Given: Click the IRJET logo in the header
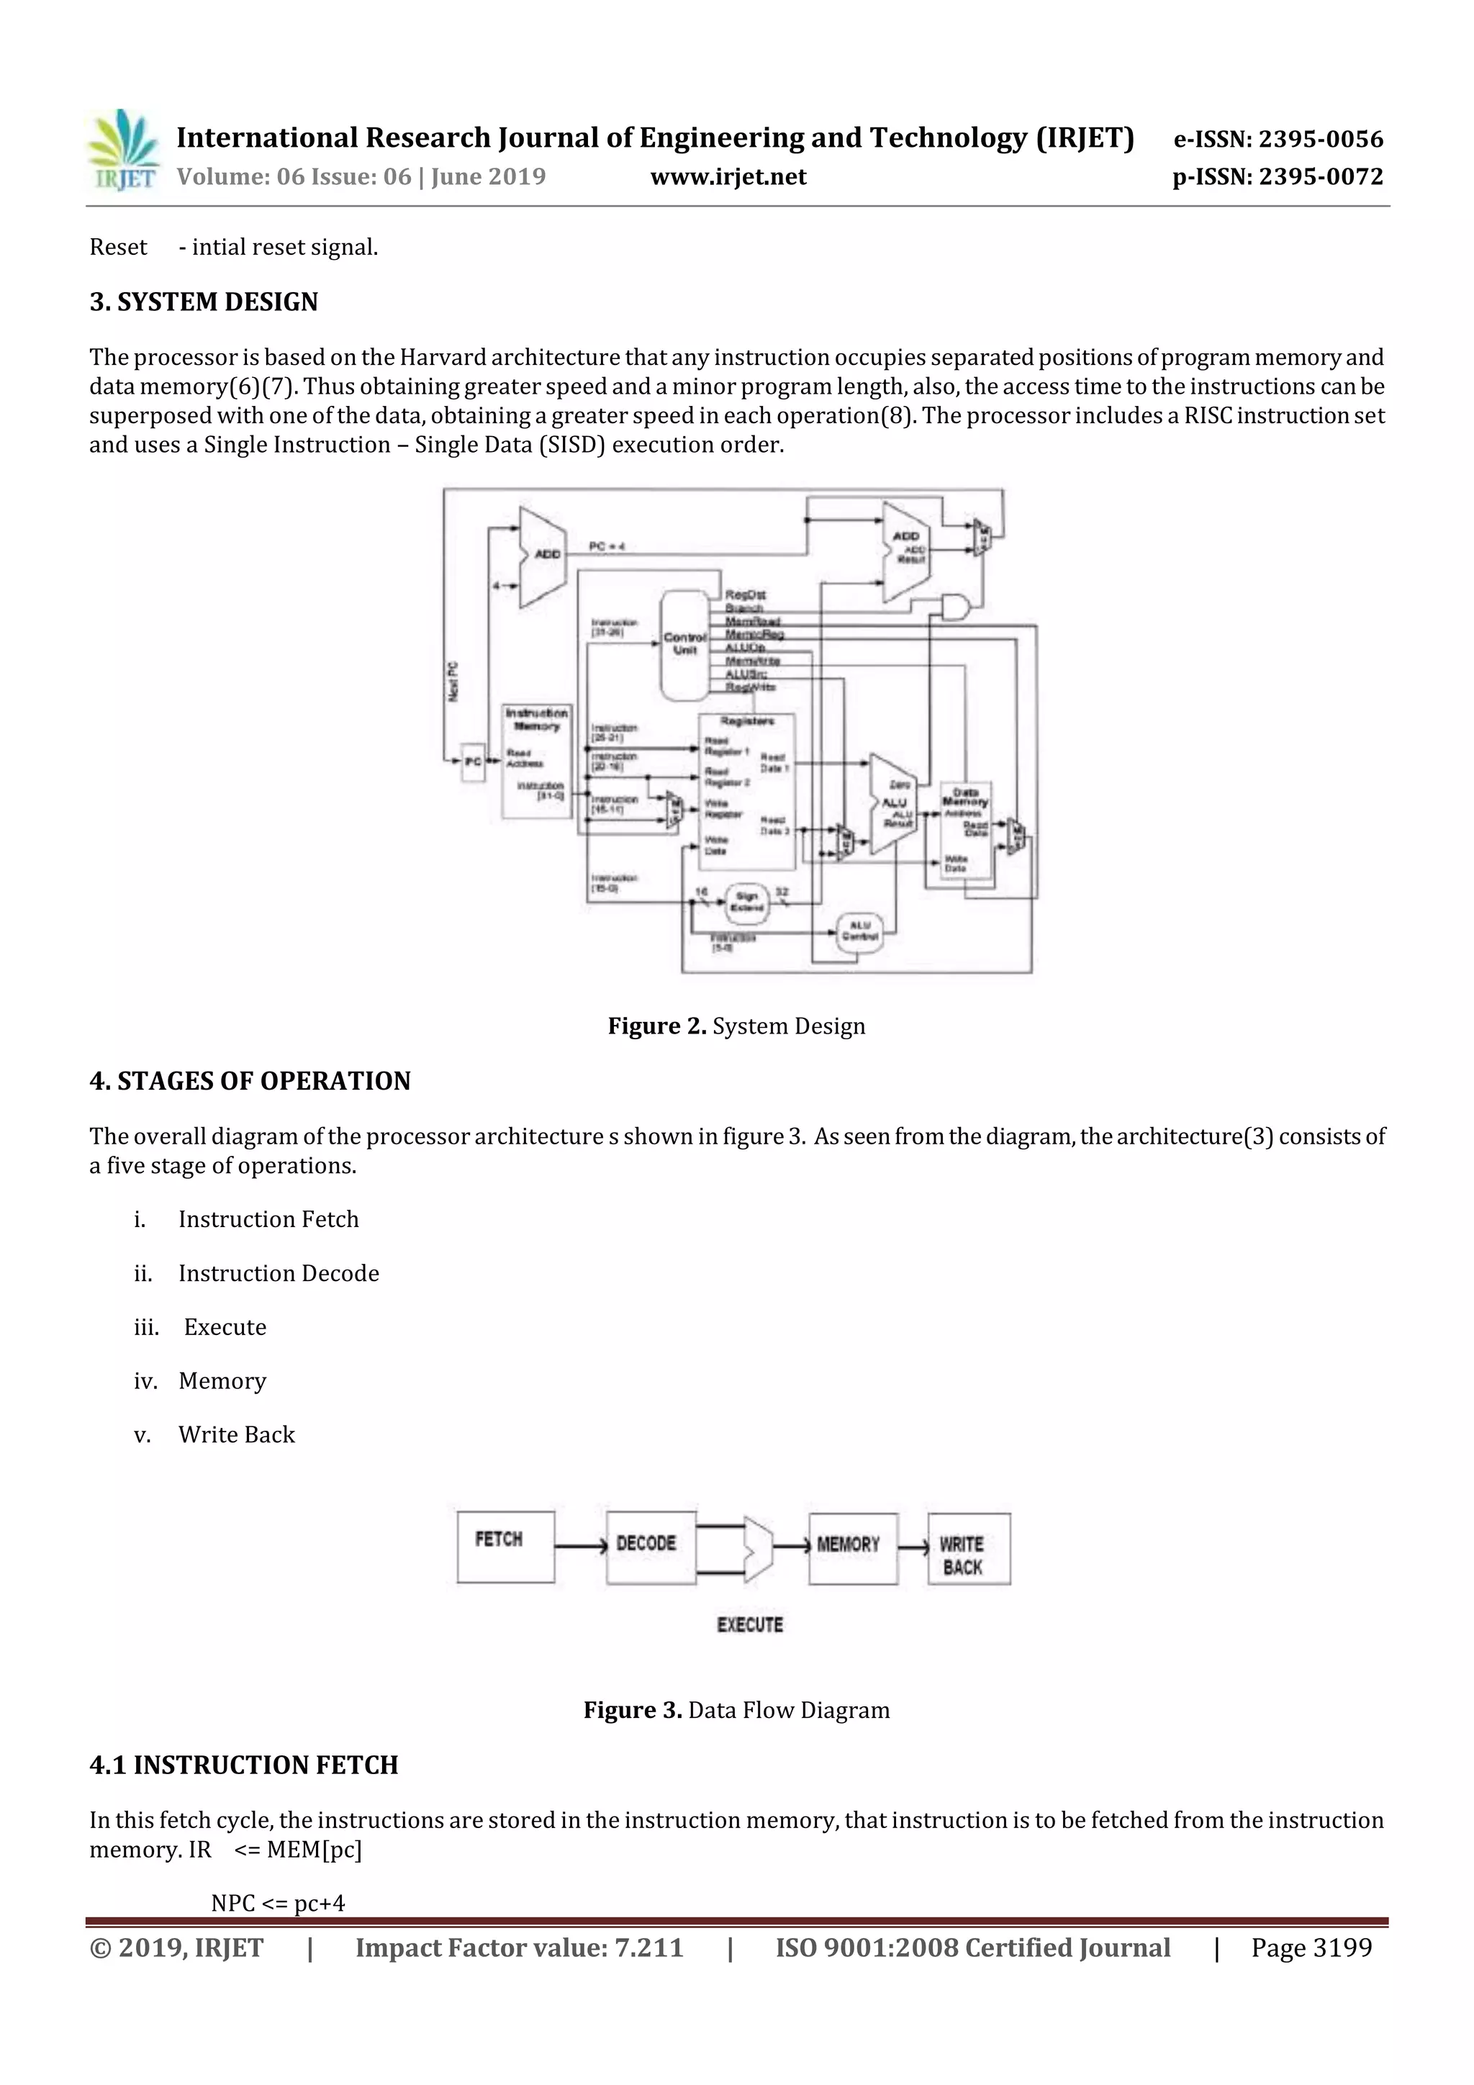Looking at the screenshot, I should (x=122, y=150).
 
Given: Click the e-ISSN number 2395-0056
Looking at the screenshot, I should (x=1277, y=139).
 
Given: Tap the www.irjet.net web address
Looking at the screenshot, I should (x=728, y=176).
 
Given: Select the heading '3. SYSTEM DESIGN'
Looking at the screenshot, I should (x=204, y=302).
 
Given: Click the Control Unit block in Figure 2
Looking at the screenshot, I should (x=684, y=645).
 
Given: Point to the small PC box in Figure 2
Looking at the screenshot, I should (x=472, y=761).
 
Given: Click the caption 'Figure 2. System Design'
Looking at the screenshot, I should (x=736, y=1026).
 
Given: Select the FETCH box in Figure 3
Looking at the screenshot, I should (x=505, y=1547).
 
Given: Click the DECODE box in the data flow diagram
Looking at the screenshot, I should (x=650, y=1547).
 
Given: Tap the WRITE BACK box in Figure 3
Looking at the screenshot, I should (x=968, y=1550).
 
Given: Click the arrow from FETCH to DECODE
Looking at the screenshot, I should (x=580, y=1547).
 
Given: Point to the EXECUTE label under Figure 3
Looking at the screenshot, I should (x=749, y=1624).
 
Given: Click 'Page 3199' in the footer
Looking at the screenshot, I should (x=1311, y=1948).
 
